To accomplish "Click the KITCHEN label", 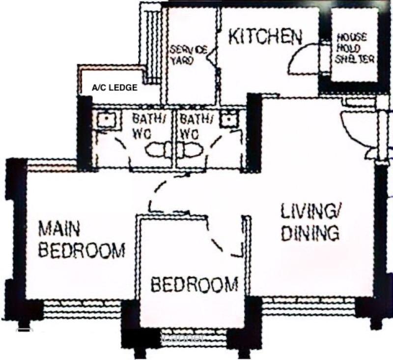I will pos(266,37).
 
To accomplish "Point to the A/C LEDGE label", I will pos(114,88).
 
